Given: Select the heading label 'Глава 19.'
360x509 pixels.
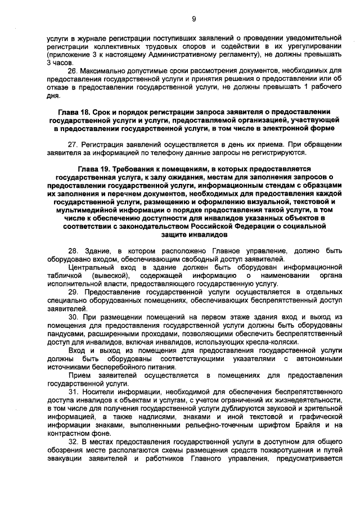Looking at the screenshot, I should tap(93, 169).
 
